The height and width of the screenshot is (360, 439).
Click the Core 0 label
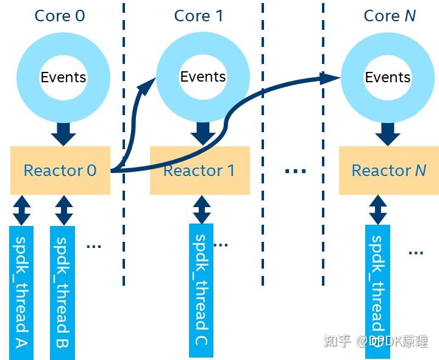click(x=60, y=16)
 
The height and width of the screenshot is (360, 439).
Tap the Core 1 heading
click(x=199, y=16)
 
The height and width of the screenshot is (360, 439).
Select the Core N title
click(x=390, y=16)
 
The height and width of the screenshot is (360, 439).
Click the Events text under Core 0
click(x=63, y=77)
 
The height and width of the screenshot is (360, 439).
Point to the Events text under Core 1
click(x=202, y=77)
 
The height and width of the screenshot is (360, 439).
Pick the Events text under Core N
click(x=388, y=77)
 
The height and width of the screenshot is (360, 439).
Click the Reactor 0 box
click(x=60, y=171)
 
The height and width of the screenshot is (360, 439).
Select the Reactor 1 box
click(x=200, y=171)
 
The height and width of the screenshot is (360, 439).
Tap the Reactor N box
click(x=389, y=171)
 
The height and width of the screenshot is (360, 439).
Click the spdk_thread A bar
click(x=21, y=292)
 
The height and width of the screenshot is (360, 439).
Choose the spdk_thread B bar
click(x=62, y=292)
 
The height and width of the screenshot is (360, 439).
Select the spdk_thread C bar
click(x=201, y=291)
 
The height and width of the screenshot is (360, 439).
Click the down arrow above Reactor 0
click(x=63, y=134)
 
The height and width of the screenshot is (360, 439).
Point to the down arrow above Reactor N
click(x=388, y=134)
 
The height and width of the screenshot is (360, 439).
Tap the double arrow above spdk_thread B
click(x=64, y=210)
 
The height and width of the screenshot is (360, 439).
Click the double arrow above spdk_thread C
click(x=202, y=210)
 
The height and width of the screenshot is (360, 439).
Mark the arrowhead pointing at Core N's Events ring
click(x=330, y=78)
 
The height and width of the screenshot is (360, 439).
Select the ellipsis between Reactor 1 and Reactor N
click(x=295, y=171)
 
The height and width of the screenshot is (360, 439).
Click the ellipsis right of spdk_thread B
click(x=93, y=247)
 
